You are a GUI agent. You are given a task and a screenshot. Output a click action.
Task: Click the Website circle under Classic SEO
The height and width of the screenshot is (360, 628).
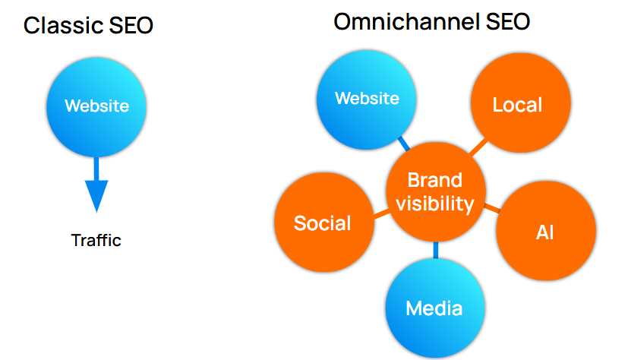96,106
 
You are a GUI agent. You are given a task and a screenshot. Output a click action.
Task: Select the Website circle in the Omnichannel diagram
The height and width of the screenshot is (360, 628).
368,99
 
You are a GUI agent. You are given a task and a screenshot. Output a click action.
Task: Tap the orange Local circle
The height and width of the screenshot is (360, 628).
518,105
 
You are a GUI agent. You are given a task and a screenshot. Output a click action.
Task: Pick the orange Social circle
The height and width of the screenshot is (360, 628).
322,223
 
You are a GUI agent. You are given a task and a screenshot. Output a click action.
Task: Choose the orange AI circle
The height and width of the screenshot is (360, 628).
544,232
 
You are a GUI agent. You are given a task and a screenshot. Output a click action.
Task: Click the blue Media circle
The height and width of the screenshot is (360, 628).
434,308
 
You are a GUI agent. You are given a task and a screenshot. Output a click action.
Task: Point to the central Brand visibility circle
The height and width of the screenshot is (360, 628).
434,192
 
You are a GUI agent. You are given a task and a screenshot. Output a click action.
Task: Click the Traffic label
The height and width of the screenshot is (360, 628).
96,241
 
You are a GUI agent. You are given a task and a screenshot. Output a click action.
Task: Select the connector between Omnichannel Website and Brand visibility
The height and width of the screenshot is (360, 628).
402,143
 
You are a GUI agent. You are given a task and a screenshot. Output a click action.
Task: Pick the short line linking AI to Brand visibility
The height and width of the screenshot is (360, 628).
491,207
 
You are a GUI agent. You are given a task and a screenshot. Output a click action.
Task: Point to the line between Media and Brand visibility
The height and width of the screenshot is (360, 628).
435,251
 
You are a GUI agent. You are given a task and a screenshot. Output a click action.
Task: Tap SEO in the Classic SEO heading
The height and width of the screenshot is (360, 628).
130,26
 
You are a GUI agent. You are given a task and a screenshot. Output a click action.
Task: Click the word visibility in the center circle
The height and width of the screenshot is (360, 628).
434,204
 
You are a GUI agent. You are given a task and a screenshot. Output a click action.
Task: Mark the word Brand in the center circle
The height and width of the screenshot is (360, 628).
434,180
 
